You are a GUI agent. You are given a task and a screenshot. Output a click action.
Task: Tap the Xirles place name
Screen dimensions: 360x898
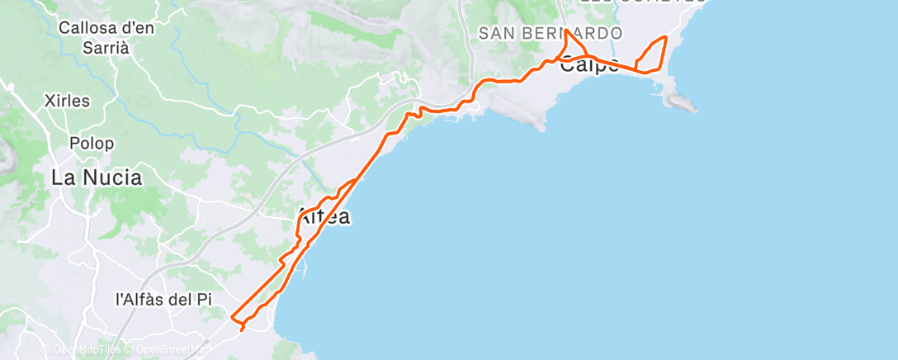[69, 101]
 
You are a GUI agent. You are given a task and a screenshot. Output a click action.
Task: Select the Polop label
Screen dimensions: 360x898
[92, 143]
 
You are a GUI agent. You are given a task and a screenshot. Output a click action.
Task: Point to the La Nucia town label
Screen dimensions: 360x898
[97, 177]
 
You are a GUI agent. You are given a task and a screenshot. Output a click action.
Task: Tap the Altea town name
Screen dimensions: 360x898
[323, 217]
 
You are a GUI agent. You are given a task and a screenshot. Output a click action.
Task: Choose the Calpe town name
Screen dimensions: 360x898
[588, 66]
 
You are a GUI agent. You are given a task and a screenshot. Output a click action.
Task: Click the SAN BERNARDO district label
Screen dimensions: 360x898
[550, 33]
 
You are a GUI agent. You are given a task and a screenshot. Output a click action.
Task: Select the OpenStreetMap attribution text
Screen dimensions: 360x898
[170, 349]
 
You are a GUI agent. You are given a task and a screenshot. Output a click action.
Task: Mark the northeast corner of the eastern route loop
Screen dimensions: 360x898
[665, 37]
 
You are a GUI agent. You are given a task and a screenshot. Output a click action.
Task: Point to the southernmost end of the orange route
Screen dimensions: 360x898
[242, 331]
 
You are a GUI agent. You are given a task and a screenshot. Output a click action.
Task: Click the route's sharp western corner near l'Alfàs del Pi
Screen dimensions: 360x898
[232, 319]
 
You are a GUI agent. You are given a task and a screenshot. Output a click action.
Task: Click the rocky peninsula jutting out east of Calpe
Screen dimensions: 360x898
[680, 102]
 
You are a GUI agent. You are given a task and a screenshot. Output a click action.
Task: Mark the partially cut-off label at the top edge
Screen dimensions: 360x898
[644, 2]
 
